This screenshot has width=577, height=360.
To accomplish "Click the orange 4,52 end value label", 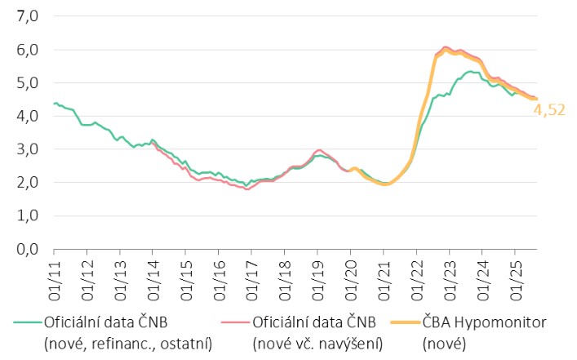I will [x=550, y=109].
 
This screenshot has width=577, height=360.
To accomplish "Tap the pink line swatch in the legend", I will [x=237, y=323].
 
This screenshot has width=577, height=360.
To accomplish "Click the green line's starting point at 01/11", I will [x=54, y=104].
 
